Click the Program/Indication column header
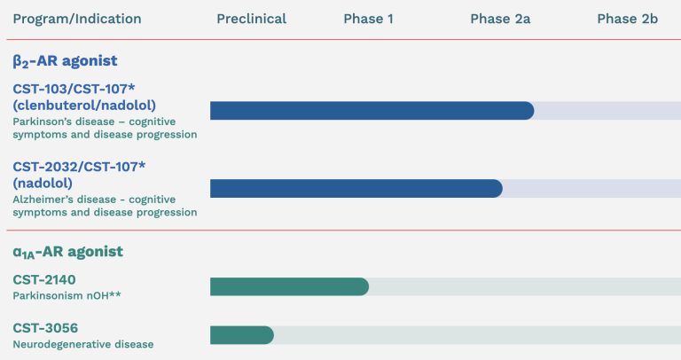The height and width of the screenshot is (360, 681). pyautogui.click(x=76, y=19)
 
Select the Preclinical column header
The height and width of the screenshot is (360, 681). pyautogui.click(x=251, y=19)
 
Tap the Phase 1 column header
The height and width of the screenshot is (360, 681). pyautogui.click(x=368, y=19)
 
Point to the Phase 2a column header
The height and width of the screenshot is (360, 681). pyautogui.click(x=500, y=19)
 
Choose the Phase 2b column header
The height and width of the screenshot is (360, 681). pyautogui.click(x=627, y=19)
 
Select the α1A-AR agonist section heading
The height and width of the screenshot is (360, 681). pyautogui.click(x=67, y=252)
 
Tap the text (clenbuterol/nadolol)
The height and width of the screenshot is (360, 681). pyautogui.click(x=84, y=106)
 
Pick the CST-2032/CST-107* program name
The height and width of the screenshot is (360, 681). pyautogui.click(x=81, y=167)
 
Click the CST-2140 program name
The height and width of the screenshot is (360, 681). pyautogui.click(x=43, y=279)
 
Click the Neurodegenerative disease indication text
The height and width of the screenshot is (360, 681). pyautogui.click(x=82, y=344)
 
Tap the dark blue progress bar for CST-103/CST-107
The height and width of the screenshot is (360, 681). pyautogui.click(x=372, y=111)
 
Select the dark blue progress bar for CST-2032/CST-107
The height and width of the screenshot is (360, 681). pyautogui.click(x=356, y=188)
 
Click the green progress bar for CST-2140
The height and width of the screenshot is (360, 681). pyautogui.click(x=289, y=286)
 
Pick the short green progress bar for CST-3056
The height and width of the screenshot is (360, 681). pyautogui.click(x=241, y=335)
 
